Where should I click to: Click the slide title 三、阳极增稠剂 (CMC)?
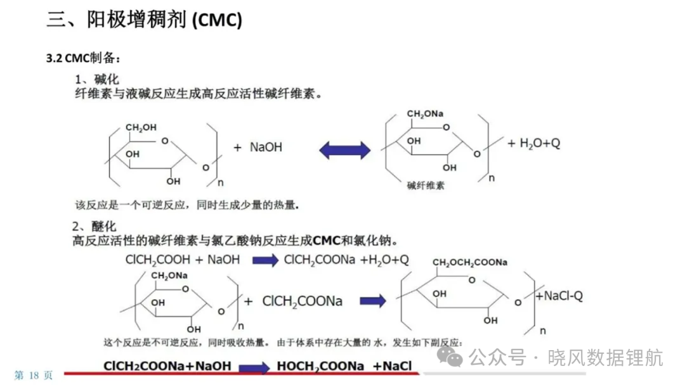pos(144,20)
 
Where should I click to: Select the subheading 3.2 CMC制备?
pos(82,58)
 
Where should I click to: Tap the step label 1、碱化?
pos(96,79)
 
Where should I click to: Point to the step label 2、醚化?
pos(95,226)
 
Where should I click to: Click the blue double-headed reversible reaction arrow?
pos(344,150)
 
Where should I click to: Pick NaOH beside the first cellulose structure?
pos(266,148)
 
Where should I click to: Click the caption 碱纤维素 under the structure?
pos(426,186)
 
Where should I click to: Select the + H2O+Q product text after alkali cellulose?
pos(534,144)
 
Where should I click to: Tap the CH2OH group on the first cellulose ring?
pos(141,128)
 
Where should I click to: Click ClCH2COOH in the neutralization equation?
pos(158,260)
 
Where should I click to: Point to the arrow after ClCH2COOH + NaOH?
pos(265,260)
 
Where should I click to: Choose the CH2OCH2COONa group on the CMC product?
pos(469,263)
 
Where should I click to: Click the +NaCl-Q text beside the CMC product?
pos(559,296)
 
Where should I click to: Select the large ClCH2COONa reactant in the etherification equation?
pos(303,301)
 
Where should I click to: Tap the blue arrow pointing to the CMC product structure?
pos(373,301)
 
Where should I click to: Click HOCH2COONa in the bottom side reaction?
pos(320,366)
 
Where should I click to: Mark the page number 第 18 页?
pos(33,375)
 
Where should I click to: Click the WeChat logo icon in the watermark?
pos(450,357)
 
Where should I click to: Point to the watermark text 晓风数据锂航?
pos(605,358)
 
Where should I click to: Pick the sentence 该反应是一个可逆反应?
pos(130,205)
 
